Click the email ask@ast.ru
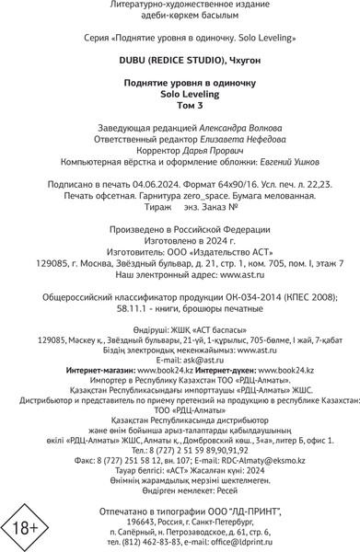pos(180,334)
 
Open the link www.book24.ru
pos(155,344)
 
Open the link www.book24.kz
pos(285,344)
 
